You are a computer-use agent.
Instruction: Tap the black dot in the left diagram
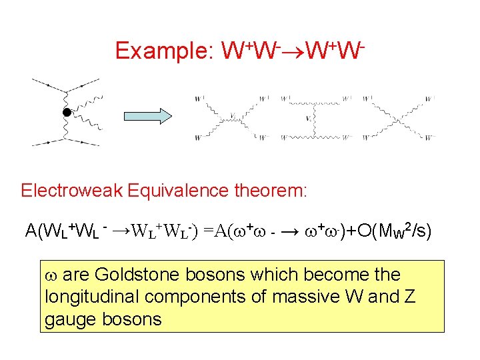pos(67,112)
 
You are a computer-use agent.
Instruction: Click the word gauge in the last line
pos(69,319)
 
